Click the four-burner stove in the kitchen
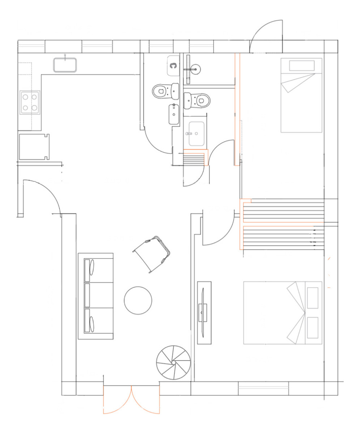[x=30, y=102]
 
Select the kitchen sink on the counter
[x=65, y=65]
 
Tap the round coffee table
[x=138, y=300]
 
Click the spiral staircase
[x=173, y=362]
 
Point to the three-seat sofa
[x=96, y=296]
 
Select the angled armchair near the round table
[x=152, y=253]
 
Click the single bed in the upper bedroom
[x=301, y=95]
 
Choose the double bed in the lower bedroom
[x=282, y=312]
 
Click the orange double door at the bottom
[x=131, y=400]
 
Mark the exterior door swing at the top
[x=266, y=31]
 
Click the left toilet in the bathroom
[x=165, y=91]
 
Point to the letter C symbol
[x=174, y=66]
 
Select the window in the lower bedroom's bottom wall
[x=263, y=388]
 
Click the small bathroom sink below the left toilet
[x=174, y=114]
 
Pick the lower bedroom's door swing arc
[x=217, y=230]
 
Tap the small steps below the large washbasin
[x=194, y=158]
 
